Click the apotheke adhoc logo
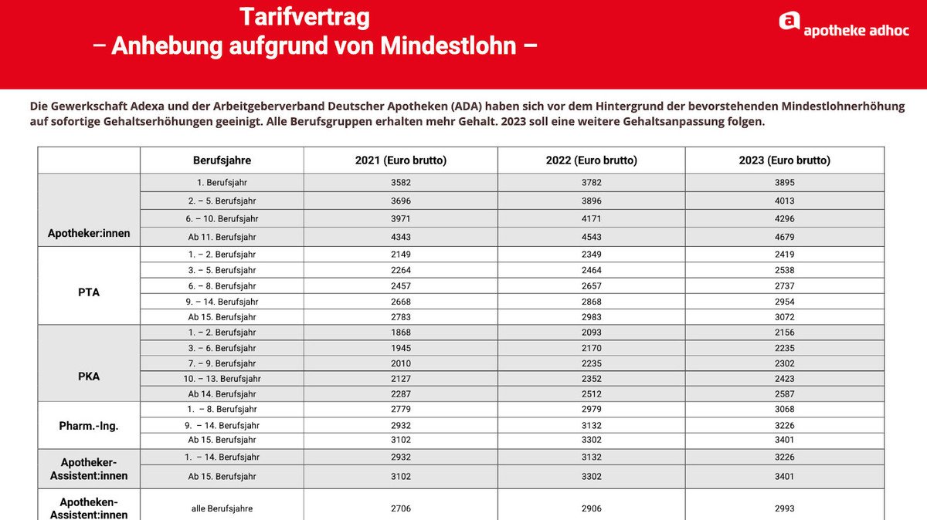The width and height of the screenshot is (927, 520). click(844, 25)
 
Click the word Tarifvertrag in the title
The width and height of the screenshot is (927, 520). click(304, 18)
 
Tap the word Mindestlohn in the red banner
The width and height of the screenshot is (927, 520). click(448, 46)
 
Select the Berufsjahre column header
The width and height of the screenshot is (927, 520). click(222, 160)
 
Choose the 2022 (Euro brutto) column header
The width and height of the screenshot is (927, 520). click(592, 160)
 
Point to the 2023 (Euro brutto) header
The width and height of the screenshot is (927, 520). click(785, 160)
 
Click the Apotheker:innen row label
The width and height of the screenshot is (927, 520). click(89, 233)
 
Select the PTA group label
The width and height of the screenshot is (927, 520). click(89, 292)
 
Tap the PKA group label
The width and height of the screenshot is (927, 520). click(89, 376)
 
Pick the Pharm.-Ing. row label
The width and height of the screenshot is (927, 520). click(89, 426)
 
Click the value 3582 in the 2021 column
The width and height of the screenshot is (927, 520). click(401, 182)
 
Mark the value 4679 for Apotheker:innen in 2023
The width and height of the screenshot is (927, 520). click(785, 237)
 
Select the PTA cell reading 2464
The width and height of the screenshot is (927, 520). click(592, 270)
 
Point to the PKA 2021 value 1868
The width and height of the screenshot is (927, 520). click(401, 333)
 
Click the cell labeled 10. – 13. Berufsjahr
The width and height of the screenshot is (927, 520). click(222, 379)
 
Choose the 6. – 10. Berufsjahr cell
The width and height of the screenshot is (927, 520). click(222, 218)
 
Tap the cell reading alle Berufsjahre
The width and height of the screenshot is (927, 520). click(222, 508)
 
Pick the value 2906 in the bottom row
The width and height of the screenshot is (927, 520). click(592, 508)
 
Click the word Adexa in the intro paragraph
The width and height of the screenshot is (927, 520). click(147, 106)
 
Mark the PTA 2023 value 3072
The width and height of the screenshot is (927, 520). click(785, 317)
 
